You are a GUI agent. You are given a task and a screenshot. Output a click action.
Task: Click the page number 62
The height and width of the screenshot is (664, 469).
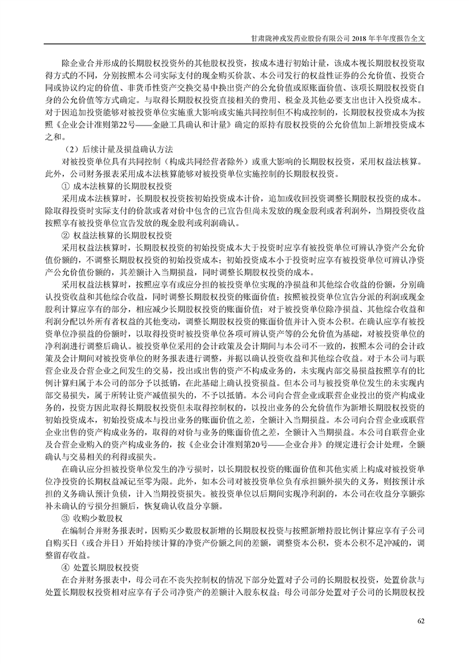click(x=421, y=620)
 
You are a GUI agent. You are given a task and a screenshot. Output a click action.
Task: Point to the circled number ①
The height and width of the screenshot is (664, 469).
click(x=66, y=186)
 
